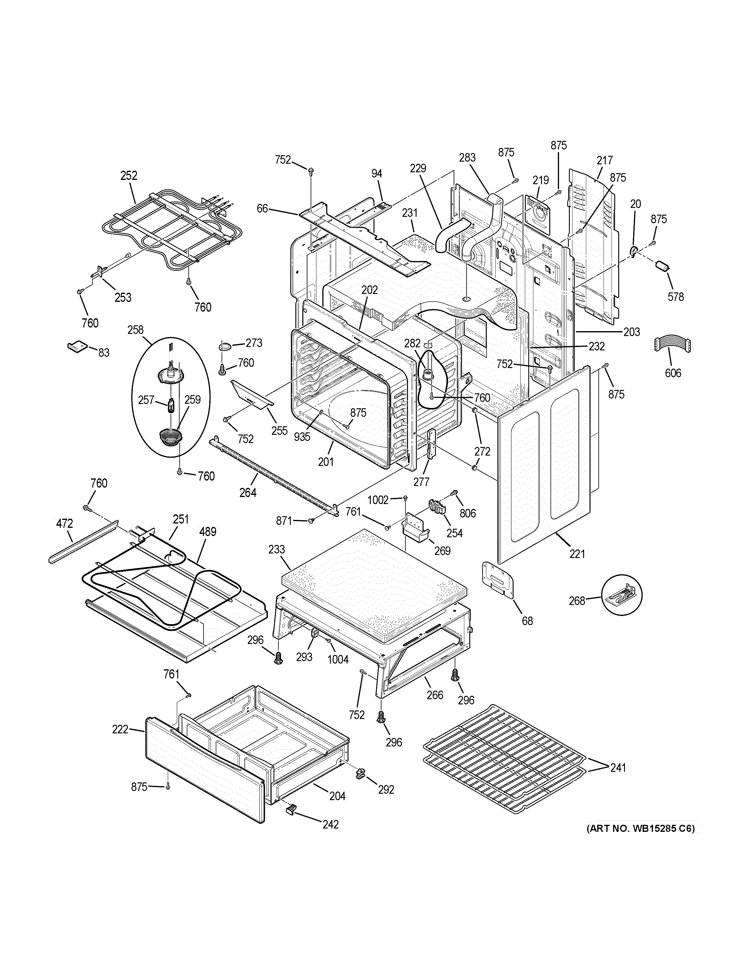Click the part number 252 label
tap(129, 176)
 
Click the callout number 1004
tap(338, 672)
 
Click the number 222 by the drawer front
tap(120, 729)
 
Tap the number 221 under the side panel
tap(577, 553)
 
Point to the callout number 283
tap(467, 157)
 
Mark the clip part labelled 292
tap(360, 773)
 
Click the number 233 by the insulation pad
tap(276, 549)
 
